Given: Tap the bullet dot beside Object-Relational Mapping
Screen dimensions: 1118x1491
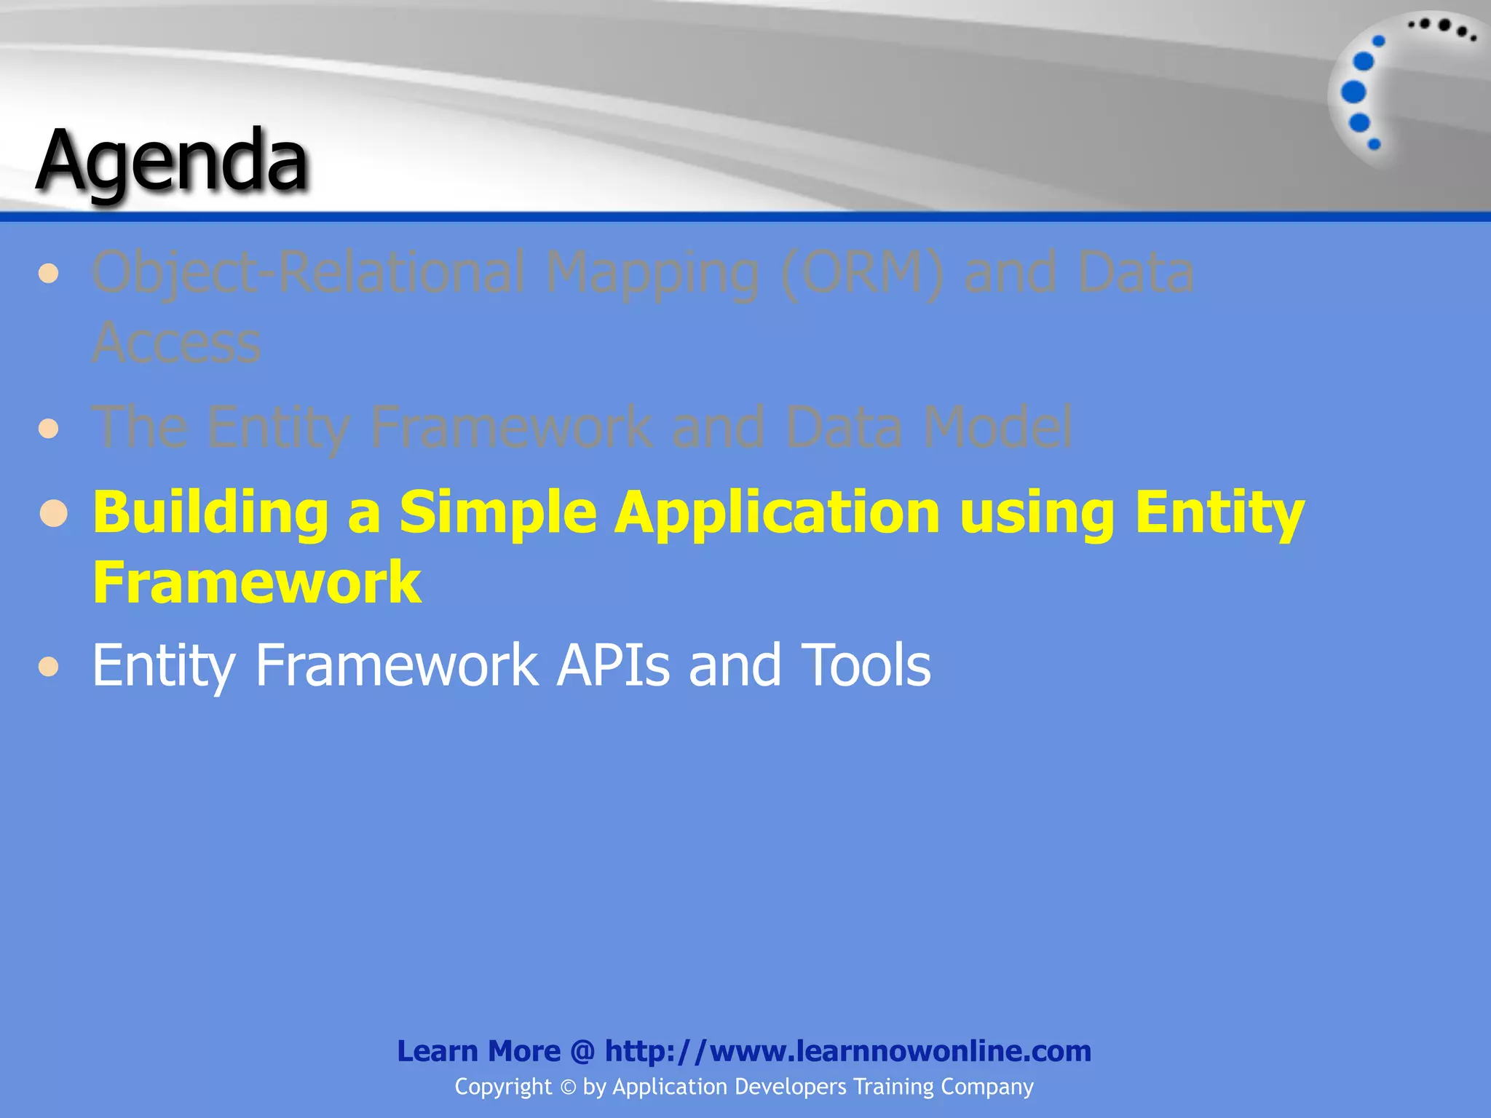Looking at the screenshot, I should pos(49,274).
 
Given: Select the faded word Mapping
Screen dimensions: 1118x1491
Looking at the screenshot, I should pos(652,273).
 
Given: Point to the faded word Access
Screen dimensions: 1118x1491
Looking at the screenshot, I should pos(176,343).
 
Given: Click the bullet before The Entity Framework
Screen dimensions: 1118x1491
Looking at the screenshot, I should pos(49,428).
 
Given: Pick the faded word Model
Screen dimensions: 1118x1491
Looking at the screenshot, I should pos(997,427).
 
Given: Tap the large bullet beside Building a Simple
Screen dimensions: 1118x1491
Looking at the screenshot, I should pos(54,514).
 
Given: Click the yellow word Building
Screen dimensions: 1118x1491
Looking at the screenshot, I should pos(211,512).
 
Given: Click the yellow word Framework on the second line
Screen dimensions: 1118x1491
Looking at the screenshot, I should pos(257,582).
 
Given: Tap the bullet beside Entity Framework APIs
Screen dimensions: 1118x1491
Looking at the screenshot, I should pos(49,667).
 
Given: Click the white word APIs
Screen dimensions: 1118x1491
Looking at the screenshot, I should pos(612,665).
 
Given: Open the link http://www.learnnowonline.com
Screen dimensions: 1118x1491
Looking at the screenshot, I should pos(847,1051).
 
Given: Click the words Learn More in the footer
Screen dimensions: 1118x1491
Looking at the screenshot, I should pos(478,1051).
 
